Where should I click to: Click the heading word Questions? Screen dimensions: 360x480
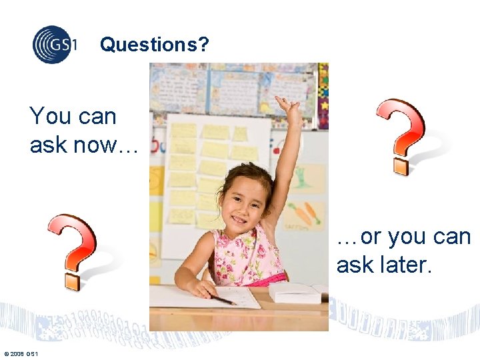coord(154,45)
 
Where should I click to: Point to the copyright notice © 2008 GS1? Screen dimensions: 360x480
coord(21,353)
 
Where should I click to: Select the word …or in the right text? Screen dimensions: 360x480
coord(359,237)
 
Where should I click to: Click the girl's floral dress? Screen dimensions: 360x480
coord(250,257)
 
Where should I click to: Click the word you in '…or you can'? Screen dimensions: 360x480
coord(409,237)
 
